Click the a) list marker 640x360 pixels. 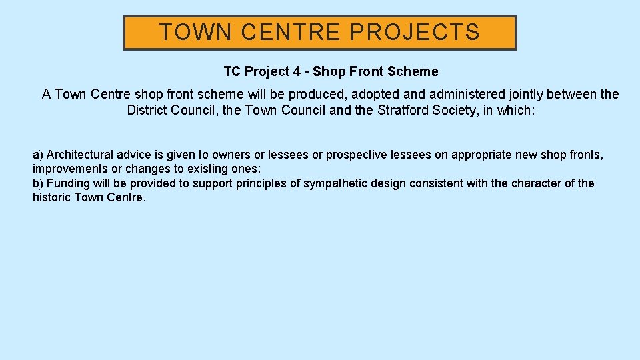click(x=38, y=155)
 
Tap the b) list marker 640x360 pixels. click(x=38, y=183)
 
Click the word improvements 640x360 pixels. click(x=70, y=169)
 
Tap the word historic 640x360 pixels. click(x=52, y=198)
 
